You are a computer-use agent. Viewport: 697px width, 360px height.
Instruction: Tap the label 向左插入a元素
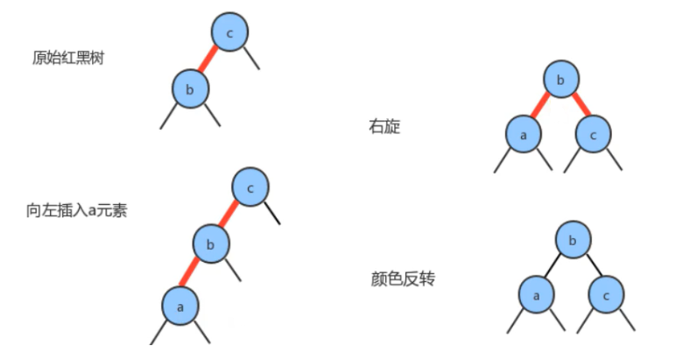pos(77,210)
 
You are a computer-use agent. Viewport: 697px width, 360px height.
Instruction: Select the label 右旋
pos(385,126)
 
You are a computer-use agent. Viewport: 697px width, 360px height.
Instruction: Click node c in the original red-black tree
pos(229,32)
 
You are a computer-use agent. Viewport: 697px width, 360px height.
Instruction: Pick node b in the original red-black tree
pos(191,88)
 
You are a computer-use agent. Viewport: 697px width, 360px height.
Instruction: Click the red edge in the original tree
pos(210,60)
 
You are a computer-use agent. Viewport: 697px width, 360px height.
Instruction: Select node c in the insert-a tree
pos(251,187)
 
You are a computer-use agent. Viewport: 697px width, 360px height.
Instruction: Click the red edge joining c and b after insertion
pos(230,215)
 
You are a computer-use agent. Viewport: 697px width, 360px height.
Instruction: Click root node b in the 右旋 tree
pos(560,80)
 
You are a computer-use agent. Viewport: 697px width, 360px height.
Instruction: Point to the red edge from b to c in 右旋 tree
pos(579,106)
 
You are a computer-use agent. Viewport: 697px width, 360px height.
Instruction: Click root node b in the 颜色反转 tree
pos(574,240)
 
